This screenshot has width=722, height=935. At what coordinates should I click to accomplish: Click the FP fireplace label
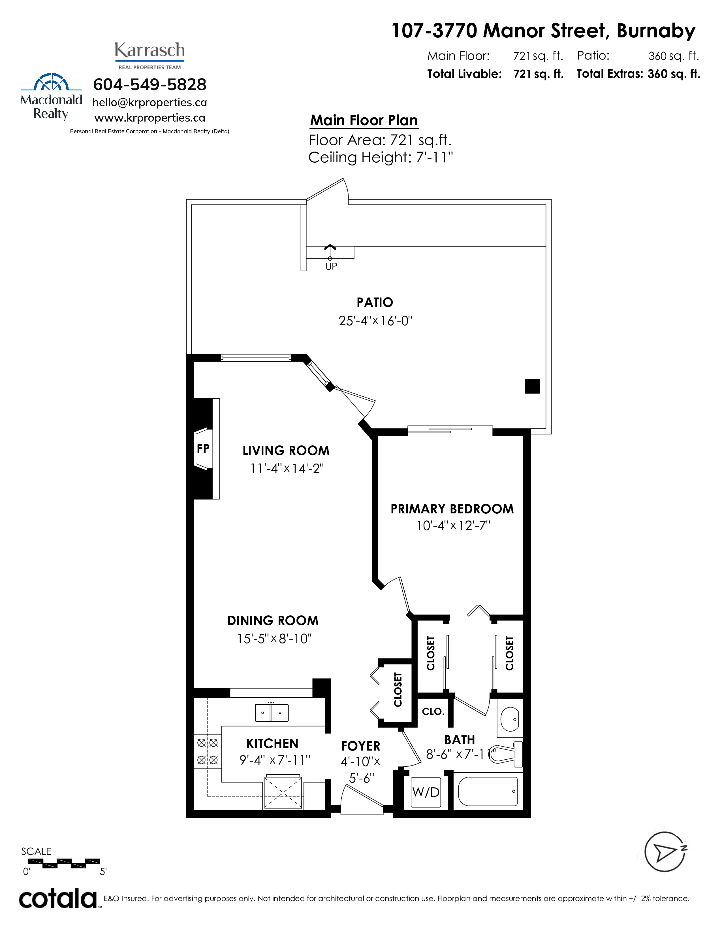click(x=203, y=449)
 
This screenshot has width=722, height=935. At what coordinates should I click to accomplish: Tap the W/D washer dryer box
click(x=426, y=792)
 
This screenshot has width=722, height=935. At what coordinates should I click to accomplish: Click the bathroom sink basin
click(x=510, y=719)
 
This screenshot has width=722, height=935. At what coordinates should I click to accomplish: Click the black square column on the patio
click(x=532, y=386)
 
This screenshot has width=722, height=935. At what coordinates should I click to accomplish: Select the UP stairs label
click(x=331, y=266)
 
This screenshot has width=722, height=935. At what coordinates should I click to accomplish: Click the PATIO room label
click(x=375, y=302)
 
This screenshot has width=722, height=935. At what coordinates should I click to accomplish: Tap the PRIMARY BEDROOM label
click(x=452, y=509)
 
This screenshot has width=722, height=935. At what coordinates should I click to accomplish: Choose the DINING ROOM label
click(x=273, y=621)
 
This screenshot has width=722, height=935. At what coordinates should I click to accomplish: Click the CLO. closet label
click(x=433, y=711)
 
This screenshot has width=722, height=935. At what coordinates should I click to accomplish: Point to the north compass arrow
click(x=665, y=852)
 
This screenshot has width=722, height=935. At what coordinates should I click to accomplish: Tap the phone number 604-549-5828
click(x=150, y=84)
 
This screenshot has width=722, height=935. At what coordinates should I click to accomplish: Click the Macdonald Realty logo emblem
click(x=51, y=82)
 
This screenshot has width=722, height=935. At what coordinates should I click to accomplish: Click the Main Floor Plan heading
click(x=364, y=120)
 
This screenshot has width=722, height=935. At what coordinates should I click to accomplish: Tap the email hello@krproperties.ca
click(x=150, y=102)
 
